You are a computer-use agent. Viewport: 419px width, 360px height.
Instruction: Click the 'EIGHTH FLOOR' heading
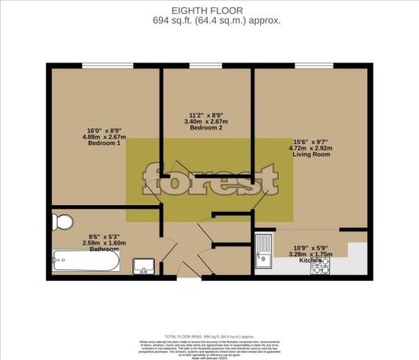(x=210, y=9)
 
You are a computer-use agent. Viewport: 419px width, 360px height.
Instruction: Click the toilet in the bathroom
(x=60, y=222)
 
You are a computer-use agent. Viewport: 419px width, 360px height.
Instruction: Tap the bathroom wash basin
(x=142, y=265)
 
